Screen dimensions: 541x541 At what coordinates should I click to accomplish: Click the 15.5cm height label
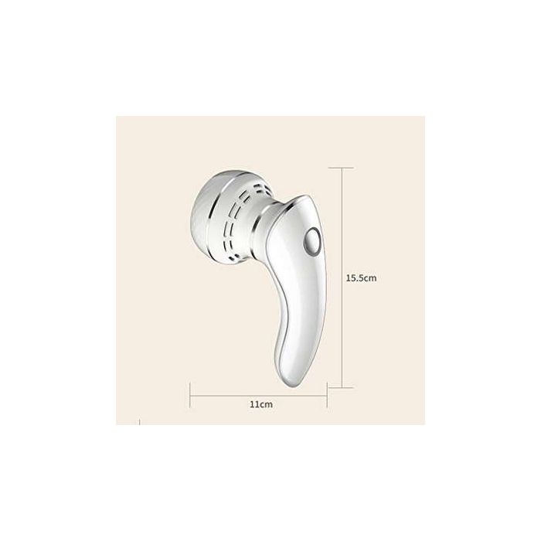(361, 276)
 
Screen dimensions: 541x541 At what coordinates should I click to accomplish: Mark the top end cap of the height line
(342, 167)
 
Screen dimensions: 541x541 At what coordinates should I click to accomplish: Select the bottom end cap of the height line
(342, 386)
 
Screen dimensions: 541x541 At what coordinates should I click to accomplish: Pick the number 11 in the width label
(254, 403)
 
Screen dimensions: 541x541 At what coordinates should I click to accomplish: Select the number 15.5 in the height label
(355, 276)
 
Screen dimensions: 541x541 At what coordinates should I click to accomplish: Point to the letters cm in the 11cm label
(265, 403)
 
